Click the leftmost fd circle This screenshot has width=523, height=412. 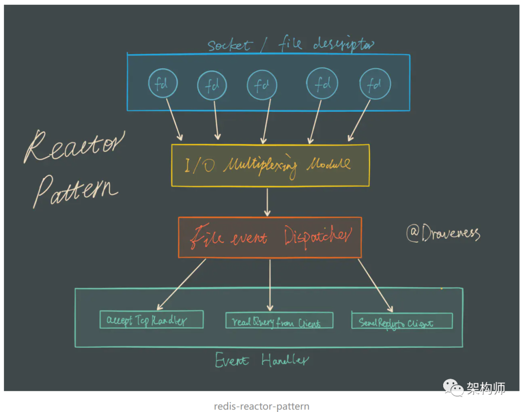pos(163,84)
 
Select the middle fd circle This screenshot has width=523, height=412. pos(261,85)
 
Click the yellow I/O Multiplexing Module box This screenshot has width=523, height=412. pos(270,165)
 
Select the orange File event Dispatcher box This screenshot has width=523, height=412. pos(270,237)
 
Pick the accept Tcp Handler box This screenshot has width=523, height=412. pos(151,320)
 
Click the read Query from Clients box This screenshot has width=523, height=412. pos(279,320)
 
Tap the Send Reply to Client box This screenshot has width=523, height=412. pos(402,321)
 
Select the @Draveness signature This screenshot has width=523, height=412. pos(443,233)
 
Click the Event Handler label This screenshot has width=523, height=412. pos(261,360)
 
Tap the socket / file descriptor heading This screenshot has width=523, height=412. pos(291,45)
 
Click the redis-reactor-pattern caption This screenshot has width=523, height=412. pos(261,406)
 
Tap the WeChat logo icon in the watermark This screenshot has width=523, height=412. pos(454,387)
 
